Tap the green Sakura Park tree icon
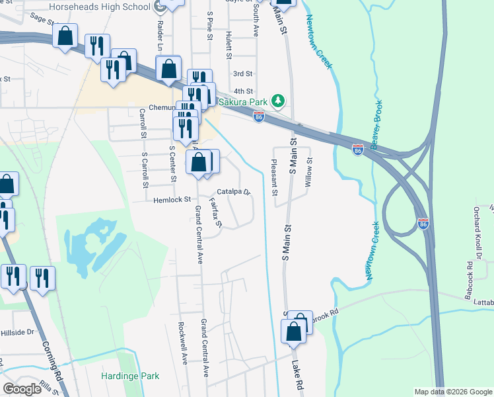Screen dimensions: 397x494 [x=279, y=101]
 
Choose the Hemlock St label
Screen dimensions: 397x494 [x=172, y=199]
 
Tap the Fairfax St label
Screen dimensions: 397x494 [x=214, y=213]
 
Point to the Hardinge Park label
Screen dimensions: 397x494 [x=130, y=376]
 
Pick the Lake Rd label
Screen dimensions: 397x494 [x=299, y=374]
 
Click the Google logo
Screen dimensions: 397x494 [x=22, y=388]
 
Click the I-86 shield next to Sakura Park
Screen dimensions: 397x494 [x=259, y=117]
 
